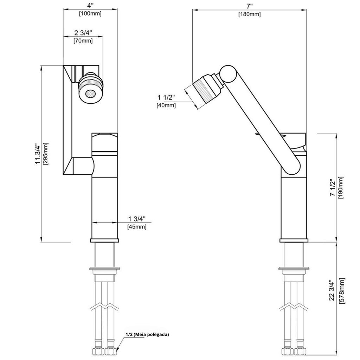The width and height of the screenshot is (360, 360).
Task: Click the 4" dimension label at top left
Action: (x=90, y=5)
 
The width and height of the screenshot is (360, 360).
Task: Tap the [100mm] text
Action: (x=90, y=14)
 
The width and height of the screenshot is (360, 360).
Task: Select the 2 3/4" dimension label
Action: (x=83, y=33)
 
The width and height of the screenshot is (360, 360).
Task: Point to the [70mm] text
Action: (x=83, y=41)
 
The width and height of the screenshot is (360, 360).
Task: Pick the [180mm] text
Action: (x=250, y=14)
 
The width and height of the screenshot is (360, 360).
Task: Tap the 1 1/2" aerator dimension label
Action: (x=166, y=97)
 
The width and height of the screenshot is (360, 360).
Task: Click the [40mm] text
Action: (x=166, y=105)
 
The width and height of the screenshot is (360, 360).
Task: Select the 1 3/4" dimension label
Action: (x=137, y=219)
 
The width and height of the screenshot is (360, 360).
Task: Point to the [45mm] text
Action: (x=137, y=227)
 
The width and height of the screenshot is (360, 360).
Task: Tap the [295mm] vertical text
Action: (x=46, y=154)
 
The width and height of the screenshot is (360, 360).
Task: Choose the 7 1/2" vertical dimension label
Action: (x=333, y=187)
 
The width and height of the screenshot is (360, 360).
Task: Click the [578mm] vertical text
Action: (x=342, y=291)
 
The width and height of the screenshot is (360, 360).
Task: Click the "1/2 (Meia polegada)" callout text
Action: (x=147, y=334)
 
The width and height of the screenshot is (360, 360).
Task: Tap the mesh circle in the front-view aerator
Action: (x=90, y=94)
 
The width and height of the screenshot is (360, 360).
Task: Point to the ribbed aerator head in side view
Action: (x=205, y=90)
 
